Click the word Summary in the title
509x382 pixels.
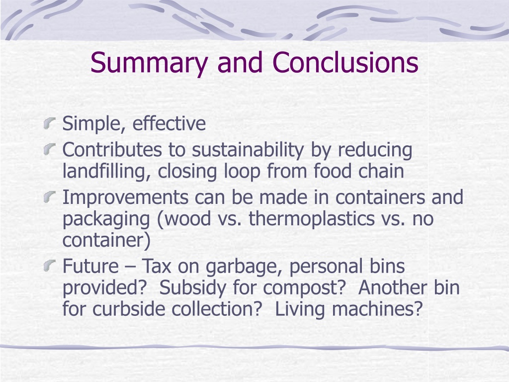click(x=149, y=63)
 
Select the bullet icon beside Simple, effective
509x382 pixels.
click(x=49, y=124)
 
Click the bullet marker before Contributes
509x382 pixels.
click(x=49, y=150)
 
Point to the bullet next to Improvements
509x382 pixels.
click(x=49, y=197)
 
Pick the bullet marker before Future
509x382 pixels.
click(x=49, y=266)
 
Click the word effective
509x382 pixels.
click(x=169, y=123)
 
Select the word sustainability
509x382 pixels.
click(x=248, y=151)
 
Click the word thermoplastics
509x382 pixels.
click(x=312, y=219)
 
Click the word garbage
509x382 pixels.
click(x=245, y=267)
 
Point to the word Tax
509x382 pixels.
click(x=157, y=266)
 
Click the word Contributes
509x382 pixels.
click(x=112, y=150)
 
